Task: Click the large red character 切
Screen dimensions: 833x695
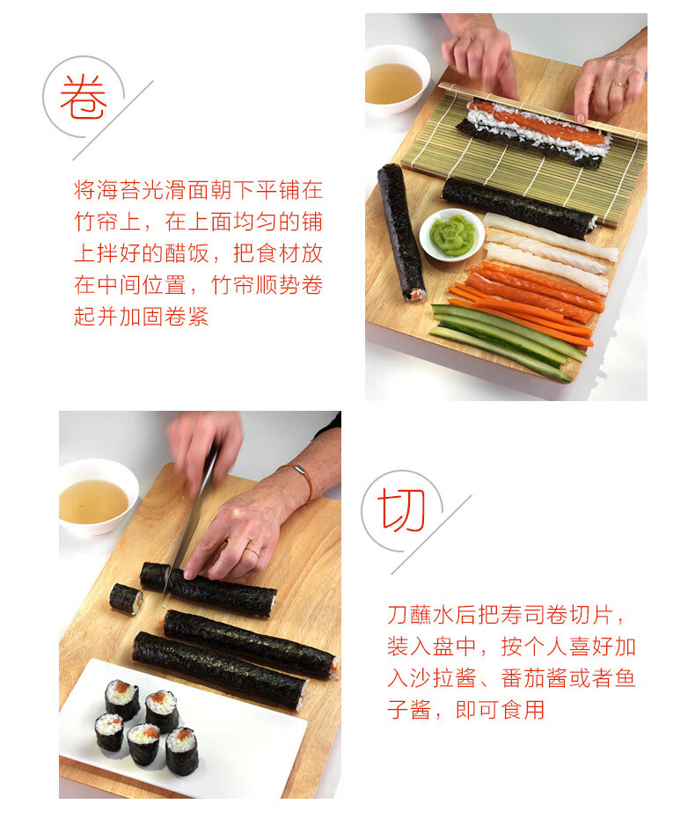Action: point(401,509)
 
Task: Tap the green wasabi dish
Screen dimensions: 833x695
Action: point(451,235)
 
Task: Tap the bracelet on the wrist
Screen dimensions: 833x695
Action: point(303,479)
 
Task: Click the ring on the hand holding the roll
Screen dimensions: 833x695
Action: point(252,551)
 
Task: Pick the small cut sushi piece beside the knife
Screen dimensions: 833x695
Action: point(127,599)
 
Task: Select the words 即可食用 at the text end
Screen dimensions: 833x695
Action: point(501,710)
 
